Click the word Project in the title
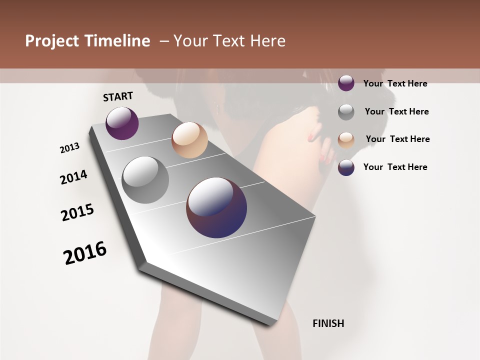tap(52, 41)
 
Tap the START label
tap(118, 96)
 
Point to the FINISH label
tap(328, 323)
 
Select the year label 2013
tap(69, 148)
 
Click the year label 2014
tap(73, 177)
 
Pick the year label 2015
tap(77, 212)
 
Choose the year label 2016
tap(85, 253)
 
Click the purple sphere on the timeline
tap(122, 123)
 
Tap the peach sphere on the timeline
tap(189, 140)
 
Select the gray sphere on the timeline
tap(145, 179)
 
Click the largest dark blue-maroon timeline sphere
tap(216, 207)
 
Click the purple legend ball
tap(346, 83)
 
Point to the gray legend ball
tap(346, 112)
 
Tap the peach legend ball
tap(346, 139)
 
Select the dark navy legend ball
tap(346, 167)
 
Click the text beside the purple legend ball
tap(395, 83)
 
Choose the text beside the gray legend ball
tap(396, 111)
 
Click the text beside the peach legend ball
tap(397, 139)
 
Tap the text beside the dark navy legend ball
tap(395, 167)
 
